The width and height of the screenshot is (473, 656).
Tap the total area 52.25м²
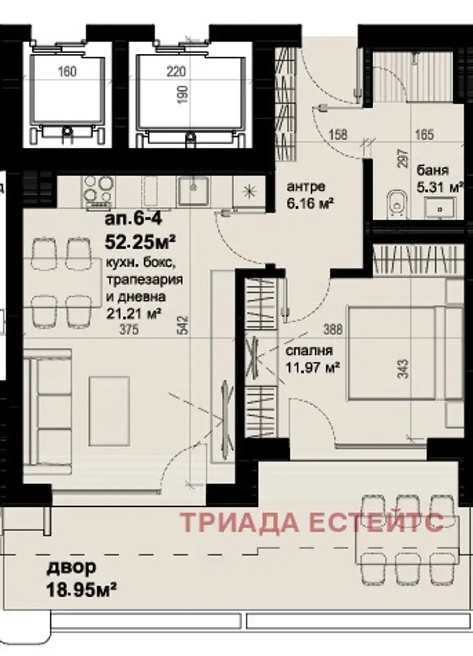[x=139, y=242]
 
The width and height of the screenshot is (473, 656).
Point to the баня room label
[x=433, y=170]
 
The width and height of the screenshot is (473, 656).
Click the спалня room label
[x=309, y=350]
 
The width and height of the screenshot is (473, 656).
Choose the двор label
[x=71, y=568]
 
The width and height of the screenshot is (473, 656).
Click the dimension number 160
[x=67, y=72]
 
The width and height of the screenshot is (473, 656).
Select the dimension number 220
[x=176, y=72]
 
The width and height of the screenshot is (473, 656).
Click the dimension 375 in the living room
[x=129, y=330]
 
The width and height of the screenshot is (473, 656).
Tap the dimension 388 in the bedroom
[x=333, y=330]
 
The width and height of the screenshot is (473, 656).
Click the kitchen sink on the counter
[x=193, y=191]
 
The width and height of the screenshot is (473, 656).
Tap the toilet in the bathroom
[x=395, y=202]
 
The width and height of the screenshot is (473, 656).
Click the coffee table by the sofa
[x=109, y=411]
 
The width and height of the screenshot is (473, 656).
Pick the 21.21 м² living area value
[x=134, y=313]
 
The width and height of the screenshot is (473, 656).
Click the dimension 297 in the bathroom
[x=403, y=159]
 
